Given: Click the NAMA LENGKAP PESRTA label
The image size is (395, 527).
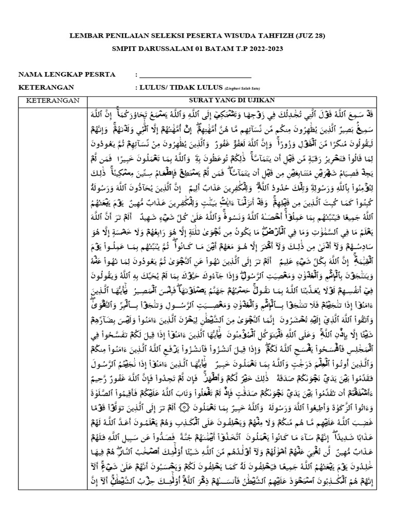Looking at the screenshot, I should point(67,75).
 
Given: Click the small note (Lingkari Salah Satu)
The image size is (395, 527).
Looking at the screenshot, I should point(242,88).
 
